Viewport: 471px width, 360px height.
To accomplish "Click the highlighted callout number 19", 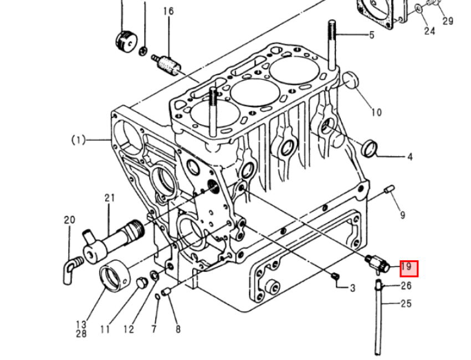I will pos(407,268).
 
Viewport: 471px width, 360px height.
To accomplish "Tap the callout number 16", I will pos(168,11).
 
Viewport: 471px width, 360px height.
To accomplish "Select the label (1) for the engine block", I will pos(78,140).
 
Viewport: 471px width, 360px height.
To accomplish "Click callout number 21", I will pos(109,198).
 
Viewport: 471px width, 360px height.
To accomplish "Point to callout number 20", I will pos(69,220).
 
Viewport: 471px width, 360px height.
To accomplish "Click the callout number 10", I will pos(376,112).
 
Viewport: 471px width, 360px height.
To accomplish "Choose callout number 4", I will pos(409,157).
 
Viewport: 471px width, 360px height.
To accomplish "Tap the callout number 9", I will pos(402,214).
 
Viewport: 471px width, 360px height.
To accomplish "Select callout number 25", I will pos(406,303).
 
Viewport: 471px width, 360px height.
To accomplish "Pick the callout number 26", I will pos(406,286).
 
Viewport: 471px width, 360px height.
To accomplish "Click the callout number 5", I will pos(372,35).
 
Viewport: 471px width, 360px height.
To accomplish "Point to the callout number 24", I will pos(429,31).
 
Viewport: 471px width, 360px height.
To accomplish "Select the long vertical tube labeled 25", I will pos(378,321).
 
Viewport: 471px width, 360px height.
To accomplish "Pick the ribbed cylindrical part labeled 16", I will pos(168,65).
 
